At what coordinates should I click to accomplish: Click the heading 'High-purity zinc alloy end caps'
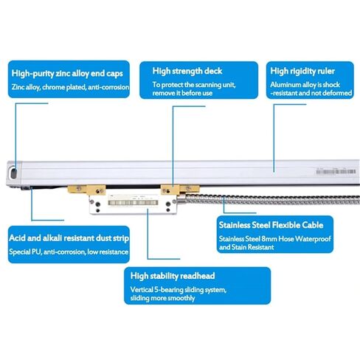tap(67, 74)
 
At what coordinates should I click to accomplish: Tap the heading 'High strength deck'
tap(187, 71)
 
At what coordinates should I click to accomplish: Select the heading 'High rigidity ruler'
tap(302, 71)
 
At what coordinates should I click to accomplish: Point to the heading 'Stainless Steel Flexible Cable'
tap(271, 225)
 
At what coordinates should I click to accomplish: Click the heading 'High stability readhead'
tap(173, 276)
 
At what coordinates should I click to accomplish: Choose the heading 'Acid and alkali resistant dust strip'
tap(69, 238)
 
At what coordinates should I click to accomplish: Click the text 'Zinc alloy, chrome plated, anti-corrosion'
tap(70, 87)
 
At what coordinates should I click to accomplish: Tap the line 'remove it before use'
tap(182, 93)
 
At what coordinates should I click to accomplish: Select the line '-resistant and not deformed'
tap(311, 93)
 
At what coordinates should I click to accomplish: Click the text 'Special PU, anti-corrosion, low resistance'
tap(69, 252)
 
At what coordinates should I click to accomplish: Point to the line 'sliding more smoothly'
tap(162, 298)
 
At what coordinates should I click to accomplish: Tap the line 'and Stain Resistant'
tap(246, 247)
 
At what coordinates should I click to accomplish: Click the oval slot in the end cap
tap(13, 173)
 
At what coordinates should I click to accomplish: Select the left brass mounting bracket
tap(86, 190)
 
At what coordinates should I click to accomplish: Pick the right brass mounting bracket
tap(180, 190)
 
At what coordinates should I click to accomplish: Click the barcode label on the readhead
tap(133, 203)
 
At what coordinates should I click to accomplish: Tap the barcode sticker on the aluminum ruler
tap(336, 171)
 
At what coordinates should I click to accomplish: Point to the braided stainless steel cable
tap(271, 200)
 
